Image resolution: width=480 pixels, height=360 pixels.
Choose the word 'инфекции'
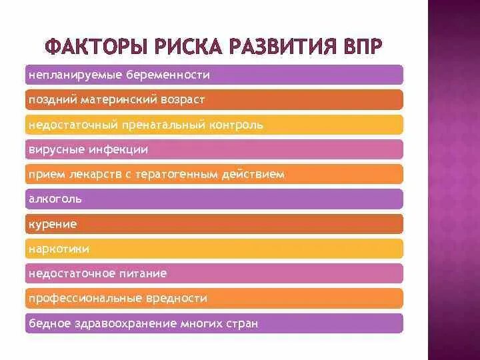click(123, 149)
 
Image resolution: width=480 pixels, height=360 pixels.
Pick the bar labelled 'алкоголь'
click(213, 199)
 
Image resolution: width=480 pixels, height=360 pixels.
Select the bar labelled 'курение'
click(213, 224)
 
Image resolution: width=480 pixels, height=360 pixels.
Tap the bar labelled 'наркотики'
click(213, 249)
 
